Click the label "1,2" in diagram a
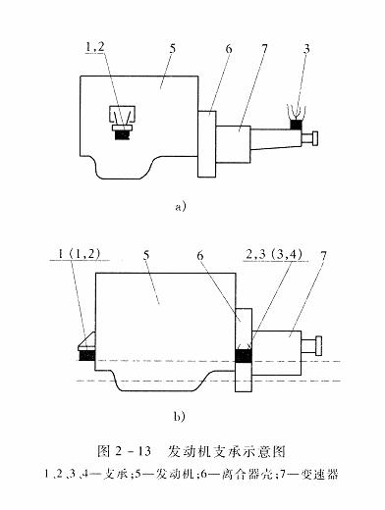95,47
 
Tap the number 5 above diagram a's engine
172,48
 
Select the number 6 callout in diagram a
229,49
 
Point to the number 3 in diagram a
306,49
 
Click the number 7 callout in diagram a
264,49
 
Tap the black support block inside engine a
123,135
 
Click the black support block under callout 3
298,125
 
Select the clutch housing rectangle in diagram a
207,144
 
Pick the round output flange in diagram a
315,138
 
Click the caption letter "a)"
181,207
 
